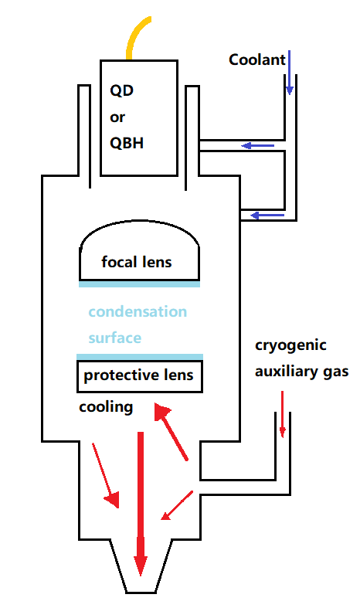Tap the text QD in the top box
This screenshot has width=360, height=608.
pos(121,91)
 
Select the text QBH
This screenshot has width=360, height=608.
pos(127,144)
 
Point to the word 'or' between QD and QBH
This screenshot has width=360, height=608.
pos(117,117)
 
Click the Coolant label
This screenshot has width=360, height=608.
pos(257,59)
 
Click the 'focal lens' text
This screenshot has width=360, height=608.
pos(137,262)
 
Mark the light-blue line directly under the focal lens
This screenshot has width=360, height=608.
pos(139,284)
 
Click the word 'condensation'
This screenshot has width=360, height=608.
pos(138,312)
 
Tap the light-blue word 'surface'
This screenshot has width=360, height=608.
pos(115,338)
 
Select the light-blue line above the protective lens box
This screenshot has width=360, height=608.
pos(139,356)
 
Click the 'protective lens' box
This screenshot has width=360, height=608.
pos(139,376)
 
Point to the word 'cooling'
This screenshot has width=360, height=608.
pos(106,406)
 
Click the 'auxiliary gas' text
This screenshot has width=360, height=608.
pos(301,371)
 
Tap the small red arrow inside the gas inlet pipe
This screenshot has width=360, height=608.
pos(282,413)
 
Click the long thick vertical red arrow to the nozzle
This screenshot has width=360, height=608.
pos(140,502)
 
